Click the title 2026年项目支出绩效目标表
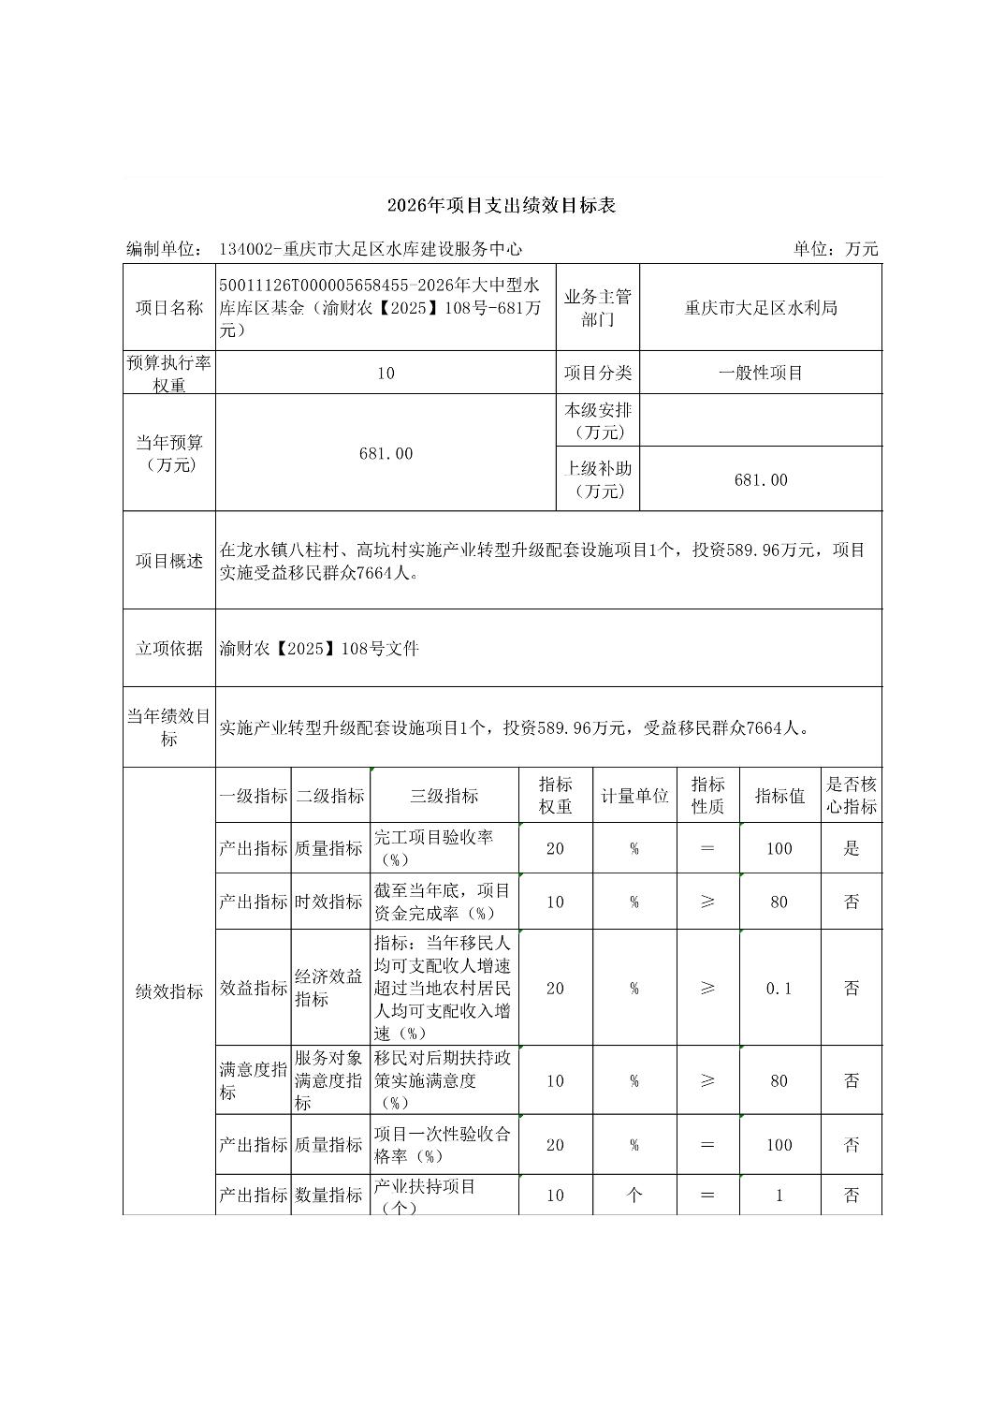coord(502,206)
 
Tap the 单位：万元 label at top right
coord(836,249)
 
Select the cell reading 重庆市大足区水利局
coord(761,308)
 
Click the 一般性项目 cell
coord(761,373)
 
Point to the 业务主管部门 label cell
coord(598,308)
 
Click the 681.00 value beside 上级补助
coord(761,479)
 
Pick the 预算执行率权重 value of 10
coord(386,373)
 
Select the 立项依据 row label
coord(169,648)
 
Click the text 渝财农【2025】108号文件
coord(320,648)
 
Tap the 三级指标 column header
coord(444,796)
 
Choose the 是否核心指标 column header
coord(852,796)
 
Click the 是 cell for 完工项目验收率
coord(852,848)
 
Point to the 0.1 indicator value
coord(779,988)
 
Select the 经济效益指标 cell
coord(328,988)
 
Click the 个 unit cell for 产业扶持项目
coord(634,1195)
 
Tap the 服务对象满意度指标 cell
coord(328,1080)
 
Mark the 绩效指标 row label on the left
coord(169,991)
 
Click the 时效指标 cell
coord(328,902)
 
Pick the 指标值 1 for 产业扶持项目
coord(779,1195)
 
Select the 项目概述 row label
coord(169,561)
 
